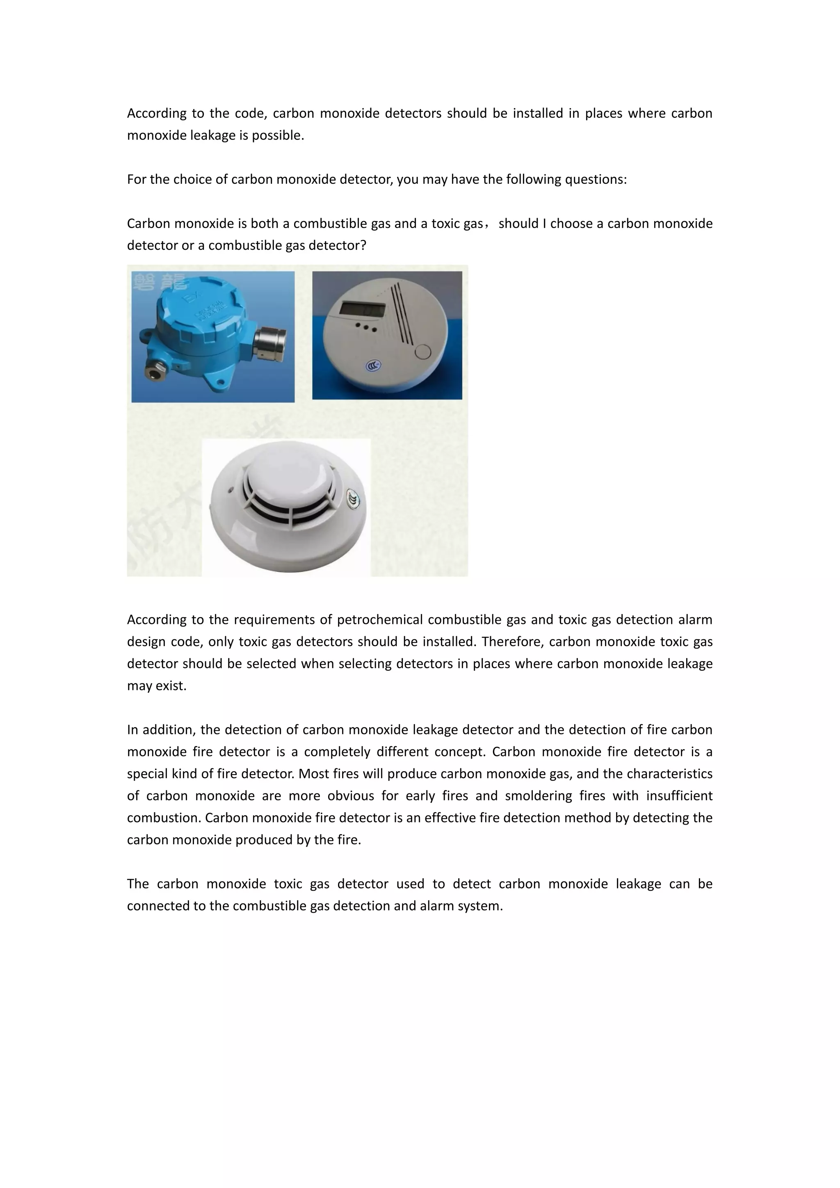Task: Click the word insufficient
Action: tap(679, 796)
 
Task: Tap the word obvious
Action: tap(350, 796)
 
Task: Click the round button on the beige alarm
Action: tap(422, 352)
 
